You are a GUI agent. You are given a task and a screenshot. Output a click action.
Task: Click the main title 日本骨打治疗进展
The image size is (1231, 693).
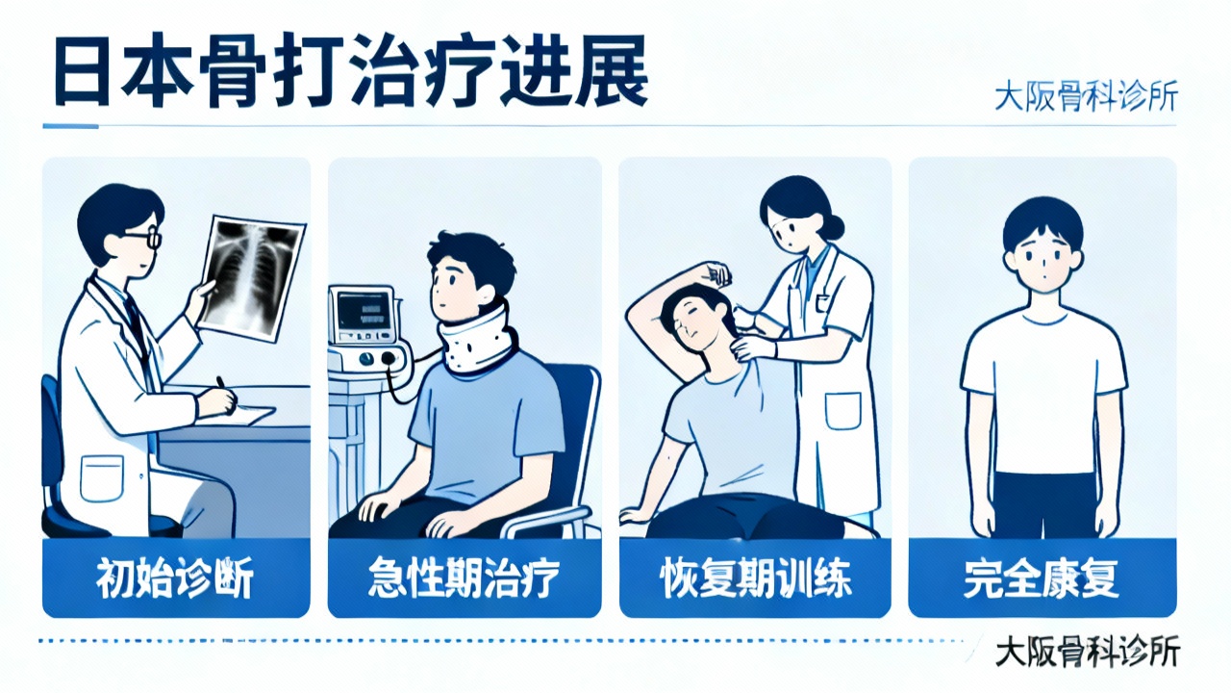[x=351, y=70]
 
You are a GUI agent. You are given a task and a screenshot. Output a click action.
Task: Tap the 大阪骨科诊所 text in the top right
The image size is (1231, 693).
[x=1086, y=97]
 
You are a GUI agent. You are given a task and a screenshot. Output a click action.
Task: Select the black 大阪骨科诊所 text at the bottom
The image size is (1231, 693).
[x=1088, y=653]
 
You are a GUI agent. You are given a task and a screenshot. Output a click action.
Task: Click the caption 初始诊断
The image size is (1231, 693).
[x=175, y=577]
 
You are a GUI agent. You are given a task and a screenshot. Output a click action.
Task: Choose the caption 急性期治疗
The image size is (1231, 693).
[x=464, y=577]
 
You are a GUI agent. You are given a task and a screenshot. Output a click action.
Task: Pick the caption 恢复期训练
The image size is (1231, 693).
[x=755, y=577]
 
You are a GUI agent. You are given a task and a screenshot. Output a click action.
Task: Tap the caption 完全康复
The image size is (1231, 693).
[x=1042, y=577]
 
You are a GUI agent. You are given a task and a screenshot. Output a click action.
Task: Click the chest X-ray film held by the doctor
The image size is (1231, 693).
[x=251, y=278]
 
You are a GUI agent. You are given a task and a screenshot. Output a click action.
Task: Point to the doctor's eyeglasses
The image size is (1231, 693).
[x=144, y=238]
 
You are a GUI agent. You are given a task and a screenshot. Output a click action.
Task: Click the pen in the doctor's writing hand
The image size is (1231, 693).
[x=226, y=394]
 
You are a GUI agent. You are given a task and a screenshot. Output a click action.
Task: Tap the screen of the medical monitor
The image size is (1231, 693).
[x=363, y=311]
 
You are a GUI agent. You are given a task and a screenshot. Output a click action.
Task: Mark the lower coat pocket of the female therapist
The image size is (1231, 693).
[x=843, y=411]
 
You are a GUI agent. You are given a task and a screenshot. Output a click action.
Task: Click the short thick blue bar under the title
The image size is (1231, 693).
[x=70, y=126]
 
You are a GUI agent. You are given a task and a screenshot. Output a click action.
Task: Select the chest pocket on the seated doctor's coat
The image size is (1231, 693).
[x=102, y=478]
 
